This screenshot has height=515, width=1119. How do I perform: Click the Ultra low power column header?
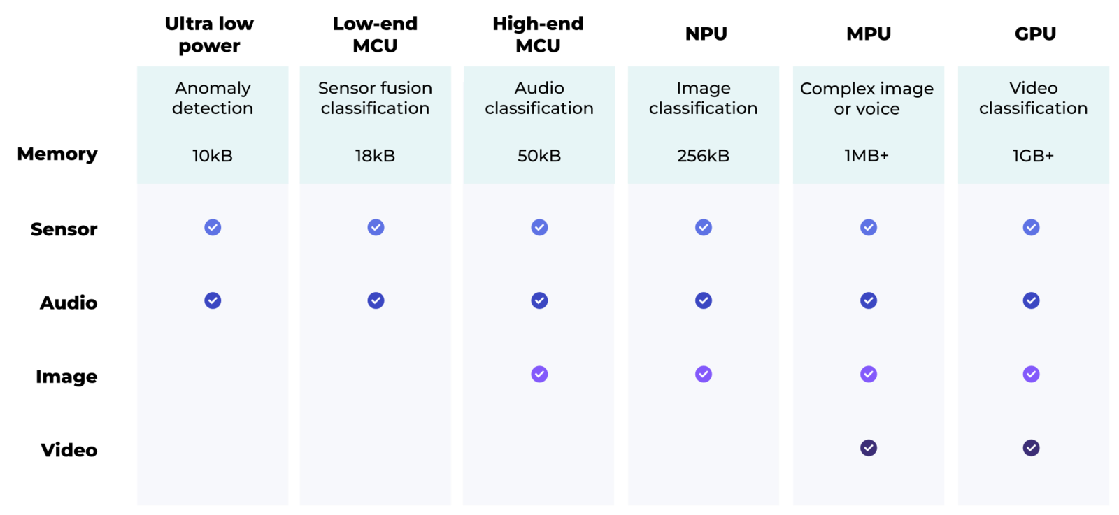pyautogui.click(x=209, y=34)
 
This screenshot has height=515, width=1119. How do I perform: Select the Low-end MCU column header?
pyautogui.click(x=375, y=34)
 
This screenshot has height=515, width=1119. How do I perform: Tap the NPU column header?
pyautogui.click(x=706, y=34)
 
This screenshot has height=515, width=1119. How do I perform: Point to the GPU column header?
pyautogui.click(x=1035, y=34)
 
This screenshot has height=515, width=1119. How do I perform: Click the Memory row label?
pyautogui.click(x=57, y=154)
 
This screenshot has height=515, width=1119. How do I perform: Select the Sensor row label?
pyautogui.click(x=64, y=229)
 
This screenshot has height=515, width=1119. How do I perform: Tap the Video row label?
pyautogui.click(x=69, y=450)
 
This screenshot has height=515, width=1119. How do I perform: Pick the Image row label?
pyautogui.click(x=66, y=377)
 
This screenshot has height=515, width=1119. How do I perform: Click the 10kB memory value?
pyautogui.click(x=213, y=156)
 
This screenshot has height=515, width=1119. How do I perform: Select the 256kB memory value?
pyautogui.click(x=704, y=156)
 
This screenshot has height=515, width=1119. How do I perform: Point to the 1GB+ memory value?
pyautogui.click(x=1033, y=156)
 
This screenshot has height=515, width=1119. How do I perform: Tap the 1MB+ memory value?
pyautogui.click(x=867, y=156)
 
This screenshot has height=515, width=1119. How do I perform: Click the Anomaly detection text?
pyautogui.click(x=213, y=98)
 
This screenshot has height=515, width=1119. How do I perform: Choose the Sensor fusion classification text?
pyautogui.click(x=375, y=98)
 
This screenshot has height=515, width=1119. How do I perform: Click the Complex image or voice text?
pyautogui.click(x=867, y=99)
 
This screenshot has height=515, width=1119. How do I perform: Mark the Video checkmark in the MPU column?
pyautogui.click(x=868, y=448)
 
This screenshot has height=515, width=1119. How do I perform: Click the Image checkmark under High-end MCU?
pyautogui.click(x=539, y=374)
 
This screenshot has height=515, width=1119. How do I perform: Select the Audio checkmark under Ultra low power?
pyautogui.click(x=213, y=300)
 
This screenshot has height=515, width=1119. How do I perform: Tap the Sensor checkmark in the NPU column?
pyautogui.click(x=704, y=227)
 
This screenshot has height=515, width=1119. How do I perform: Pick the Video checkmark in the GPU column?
pyautogui.click(x=1031, y=448)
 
